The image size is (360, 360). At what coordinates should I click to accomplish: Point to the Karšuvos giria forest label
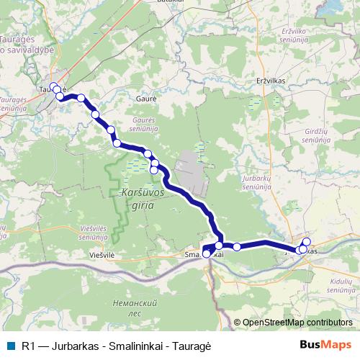pos(143,198)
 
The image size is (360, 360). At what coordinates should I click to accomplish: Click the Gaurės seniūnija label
pos(145,124)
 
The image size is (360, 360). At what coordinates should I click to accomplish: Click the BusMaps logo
pos(325,344)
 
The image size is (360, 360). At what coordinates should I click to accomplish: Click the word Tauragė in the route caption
pos(192,346)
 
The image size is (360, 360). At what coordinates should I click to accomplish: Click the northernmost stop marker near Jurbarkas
pos(307,242)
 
